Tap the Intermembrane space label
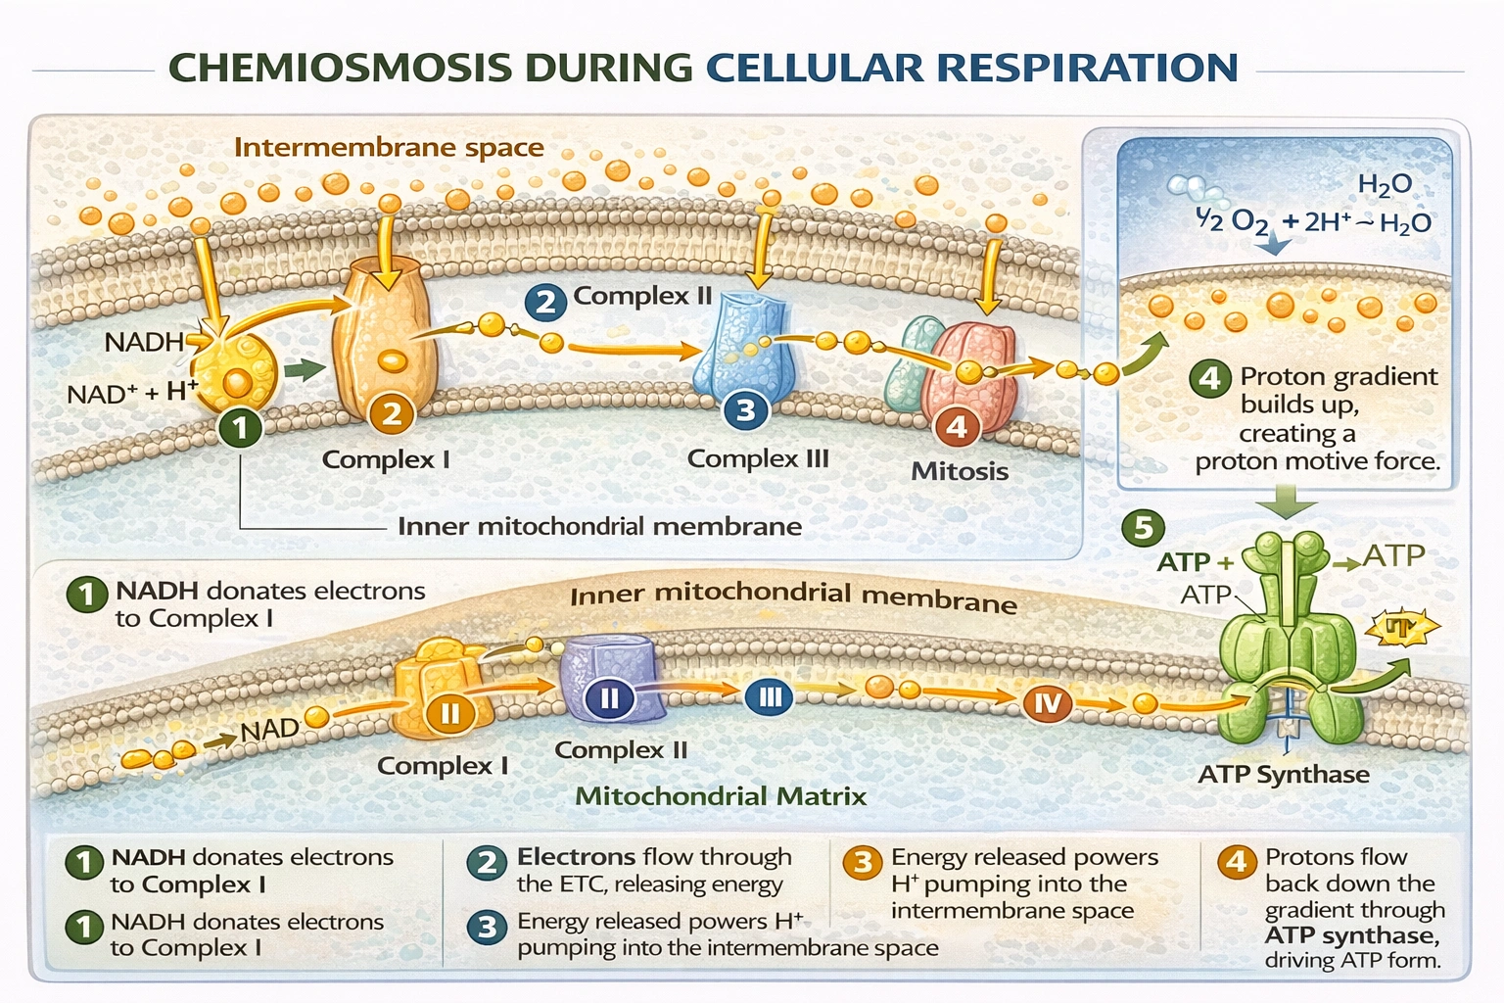coord(389,148)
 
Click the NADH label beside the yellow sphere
coord(144,342)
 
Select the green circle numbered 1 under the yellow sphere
coord(240,427)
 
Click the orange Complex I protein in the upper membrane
coord(384,333)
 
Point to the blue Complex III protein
coord(744,343)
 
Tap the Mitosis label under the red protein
coord(960,471)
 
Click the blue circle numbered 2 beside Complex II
coord(545,301)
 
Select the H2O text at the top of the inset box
coord(1385,183)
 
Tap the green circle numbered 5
coord(1143,529)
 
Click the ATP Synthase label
coord(1284,775)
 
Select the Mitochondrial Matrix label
coord(721,796)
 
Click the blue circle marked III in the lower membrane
coord(770,697)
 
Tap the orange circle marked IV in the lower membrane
coord(1047,702)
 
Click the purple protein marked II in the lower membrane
coord(607,676)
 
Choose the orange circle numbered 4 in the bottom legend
coord(1237,862)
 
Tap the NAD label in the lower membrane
coord(269,731)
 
